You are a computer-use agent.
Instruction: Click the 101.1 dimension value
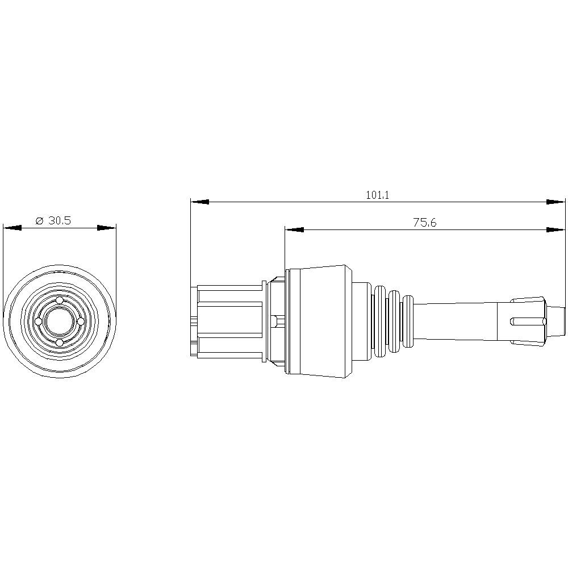pos(377,195)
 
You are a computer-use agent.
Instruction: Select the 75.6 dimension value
pos(424,223)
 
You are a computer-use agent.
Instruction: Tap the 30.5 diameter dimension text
pos(59,221)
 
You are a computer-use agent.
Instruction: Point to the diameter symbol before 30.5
pos(39,222)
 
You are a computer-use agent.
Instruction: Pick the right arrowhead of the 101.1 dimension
pos(556,202)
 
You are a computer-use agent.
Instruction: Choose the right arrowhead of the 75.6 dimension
pos(556,230)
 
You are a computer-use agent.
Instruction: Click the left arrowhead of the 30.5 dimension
pos(12,228)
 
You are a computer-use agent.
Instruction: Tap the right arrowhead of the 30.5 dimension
pos(107,228)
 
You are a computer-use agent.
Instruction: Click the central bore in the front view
pos(59,321)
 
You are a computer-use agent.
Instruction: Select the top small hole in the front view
pos(59,300)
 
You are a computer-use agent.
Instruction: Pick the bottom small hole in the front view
pos(59,343)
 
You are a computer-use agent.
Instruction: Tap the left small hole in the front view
pos(38,321)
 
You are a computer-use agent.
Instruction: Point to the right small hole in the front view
pos(80,321)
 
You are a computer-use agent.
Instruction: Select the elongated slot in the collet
pos(528,321)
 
